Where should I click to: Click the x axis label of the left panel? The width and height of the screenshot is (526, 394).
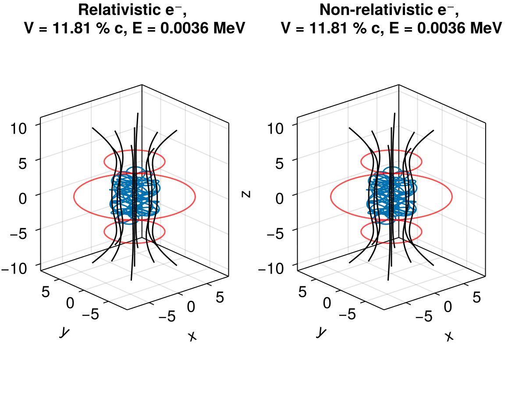click(192, 336)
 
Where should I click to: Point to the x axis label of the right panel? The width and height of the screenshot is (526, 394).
click(448, 336)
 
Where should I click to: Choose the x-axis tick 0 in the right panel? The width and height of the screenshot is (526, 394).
click(448, 307)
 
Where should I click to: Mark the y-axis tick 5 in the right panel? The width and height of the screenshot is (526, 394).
click(302, 292)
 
